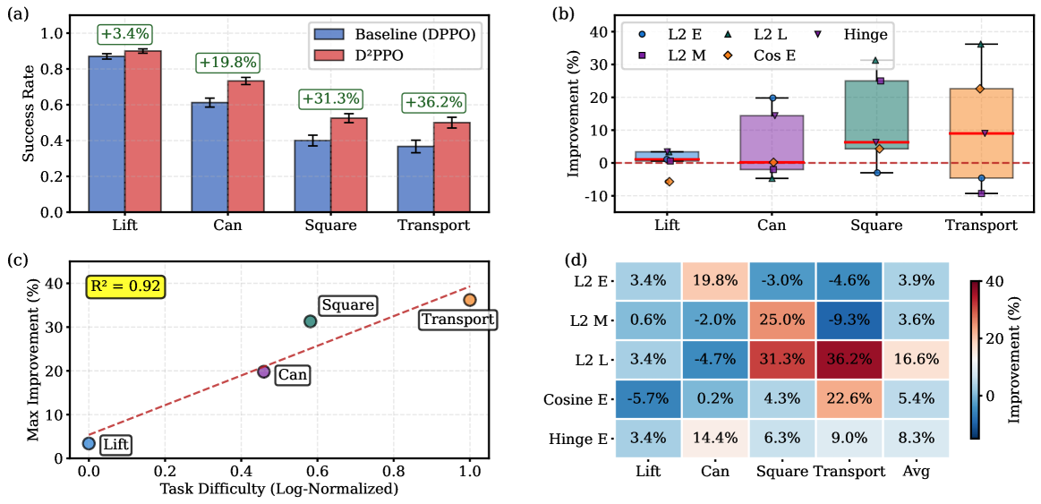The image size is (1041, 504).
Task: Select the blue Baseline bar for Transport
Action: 416,179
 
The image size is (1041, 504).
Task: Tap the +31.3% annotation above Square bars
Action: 330,98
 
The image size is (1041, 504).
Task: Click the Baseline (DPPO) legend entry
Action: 394,34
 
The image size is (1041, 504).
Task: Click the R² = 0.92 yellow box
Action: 125,286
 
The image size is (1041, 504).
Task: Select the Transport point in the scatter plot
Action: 470,300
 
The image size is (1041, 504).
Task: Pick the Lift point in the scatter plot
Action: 89,443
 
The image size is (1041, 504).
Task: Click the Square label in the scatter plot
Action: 347,305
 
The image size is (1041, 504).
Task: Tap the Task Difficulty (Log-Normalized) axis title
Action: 278,490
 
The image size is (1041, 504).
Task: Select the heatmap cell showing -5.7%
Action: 648,398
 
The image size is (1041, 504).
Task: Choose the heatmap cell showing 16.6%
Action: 913,360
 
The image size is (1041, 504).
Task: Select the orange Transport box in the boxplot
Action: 981,133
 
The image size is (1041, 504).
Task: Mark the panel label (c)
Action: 16,261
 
